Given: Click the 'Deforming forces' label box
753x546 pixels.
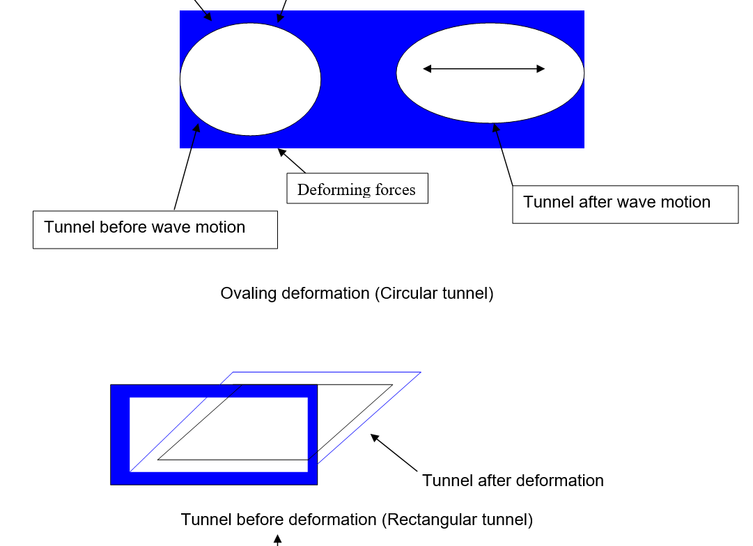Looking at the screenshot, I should pyautogui.click(x=357, y=189).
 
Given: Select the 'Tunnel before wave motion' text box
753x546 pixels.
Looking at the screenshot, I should pyautogui.click(x=155, y=230).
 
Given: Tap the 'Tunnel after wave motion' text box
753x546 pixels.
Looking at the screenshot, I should pyautogui.click(x=625, y=204).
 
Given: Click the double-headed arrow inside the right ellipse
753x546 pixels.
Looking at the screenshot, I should pyautogui.click(x=484, y=69).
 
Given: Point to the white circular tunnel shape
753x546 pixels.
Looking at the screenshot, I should pyautogui.click(x=250, y=79).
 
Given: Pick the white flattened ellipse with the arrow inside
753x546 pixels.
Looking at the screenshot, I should pyautogui.click(x=490, y=94).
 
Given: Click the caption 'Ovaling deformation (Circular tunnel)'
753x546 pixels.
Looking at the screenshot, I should pyautogui.click(x=357, y=293).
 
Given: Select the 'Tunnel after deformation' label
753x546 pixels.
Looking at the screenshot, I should pyautogui.click(x=513, y=481).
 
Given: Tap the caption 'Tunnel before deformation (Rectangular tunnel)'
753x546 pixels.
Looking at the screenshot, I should pyautogui.click(x=357, y=520).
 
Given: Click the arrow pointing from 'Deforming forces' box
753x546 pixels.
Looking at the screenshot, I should pyautogui.click(x=292, y=161).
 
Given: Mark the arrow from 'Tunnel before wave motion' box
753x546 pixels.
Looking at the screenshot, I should pyautogui.click(x=186, y=167).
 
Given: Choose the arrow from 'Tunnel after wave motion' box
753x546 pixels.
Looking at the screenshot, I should pyautogui.click(x=503, y=155).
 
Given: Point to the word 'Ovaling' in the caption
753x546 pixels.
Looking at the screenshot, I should pyautogui.click(x=249, y=293).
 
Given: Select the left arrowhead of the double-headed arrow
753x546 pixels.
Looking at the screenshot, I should pyautogui.click(x=427, y=69).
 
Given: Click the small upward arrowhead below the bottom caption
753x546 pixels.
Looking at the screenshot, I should pyautogui.click(x=277, y=539).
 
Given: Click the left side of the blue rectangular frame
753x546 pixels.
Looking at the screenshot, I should pyautogui.click(x=120, y=435).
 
